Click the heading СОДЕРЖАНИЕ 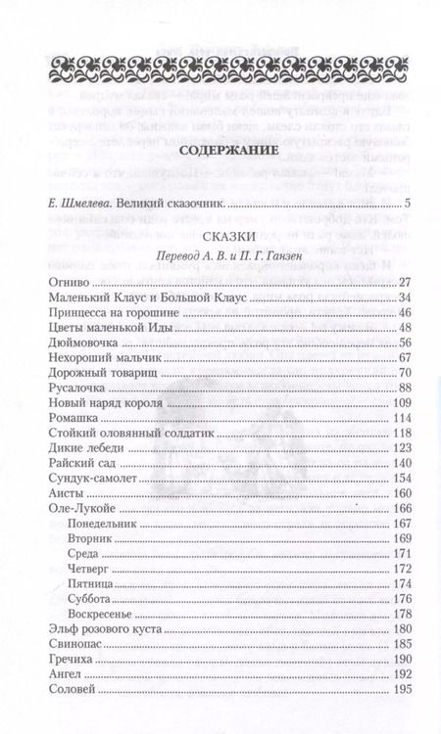[220, 152]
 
